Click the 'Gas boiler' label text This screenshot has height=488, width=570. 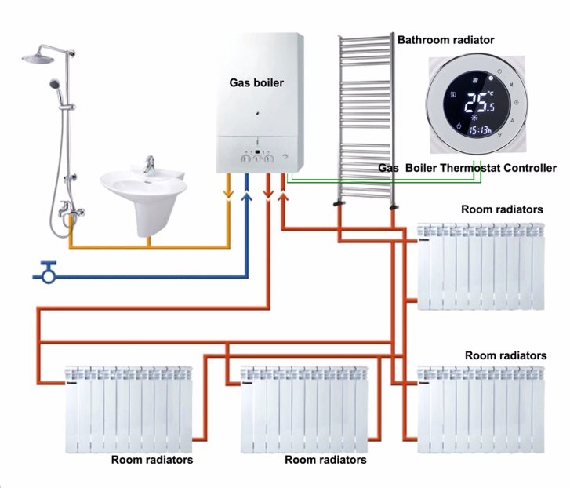click(x=256, y=83)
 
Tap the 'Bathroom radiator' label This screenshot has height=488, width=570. click(x=445, y=40)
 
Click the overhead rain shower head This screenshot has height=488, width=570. click(x=38, y=58)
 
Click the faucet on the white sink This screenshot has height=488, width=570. click(x=149, y=164)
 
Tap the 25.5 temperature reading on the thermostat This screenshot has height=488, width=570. click(x=480, y=103)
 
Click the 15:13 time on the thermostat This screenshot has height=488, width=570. click(x=480, y=130)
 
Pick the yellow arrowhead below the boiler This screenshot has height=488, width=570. click(x=228, y=195)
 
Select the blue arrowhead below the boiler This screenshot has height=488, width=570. click(x=247, y=197)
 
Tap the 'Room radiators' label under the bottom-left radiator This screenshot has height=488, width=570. click(x=152, y=460)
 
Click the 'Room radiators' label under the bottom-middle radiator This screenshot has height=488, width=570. click(x=325, y=460)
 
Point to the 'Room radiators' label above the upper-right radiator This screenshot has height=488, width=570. click(x=502, y=209)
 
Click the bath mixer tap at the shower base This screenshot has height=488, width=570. click(x=71, y=210)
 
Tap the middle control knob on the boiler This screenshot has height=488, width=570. click(x=257, y=158)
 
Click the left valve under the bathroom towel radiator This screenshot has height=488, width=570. click(x=339, y=203)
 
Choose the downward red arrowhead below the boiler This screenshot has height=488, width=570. click(x=268, y=195)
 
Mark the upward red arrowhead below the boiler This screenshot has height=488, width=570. click(x=283, y=197)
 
